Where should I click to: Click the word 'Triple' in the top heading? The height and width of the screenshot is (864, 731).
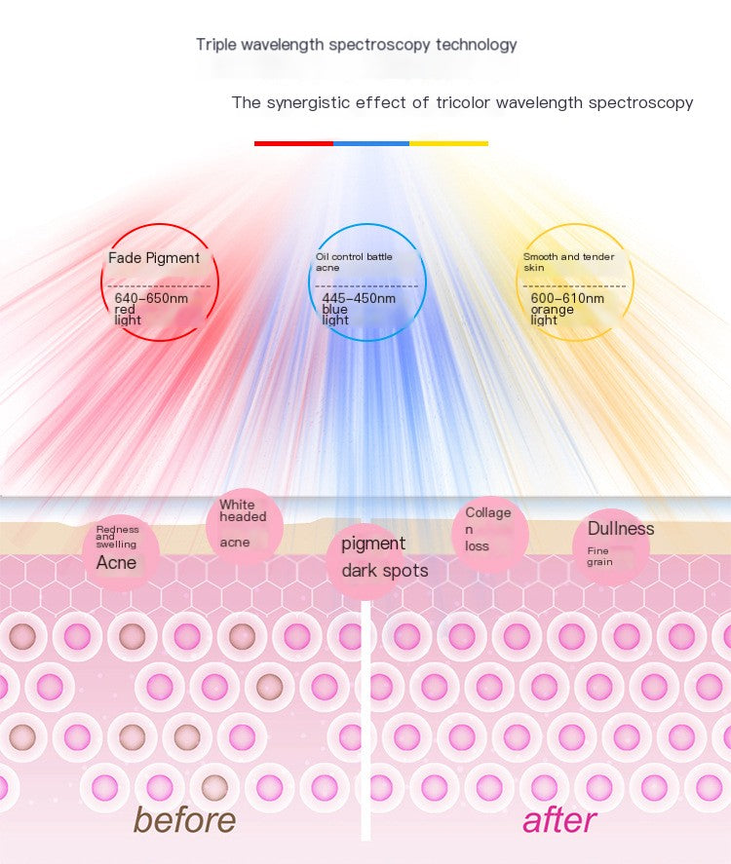(x=214, y=45)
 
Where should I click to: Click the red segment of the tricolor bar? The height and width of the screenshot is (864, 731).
(x=293, y=143)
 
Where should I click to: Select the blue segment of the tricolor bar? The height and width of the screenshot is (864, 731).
(x=371, y=143)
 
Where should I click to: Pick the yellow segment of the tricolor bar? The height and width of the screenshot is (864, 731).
(x=448, y=143)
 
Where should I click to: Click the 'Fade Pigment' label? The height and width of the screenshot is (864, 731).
(x=154, y=258)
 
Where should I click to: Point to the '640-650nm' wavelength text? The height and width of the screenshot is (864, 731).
(x=151, y=298)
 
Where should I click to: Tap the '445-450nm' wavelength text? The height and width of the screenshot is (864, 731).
(x=359, y=298)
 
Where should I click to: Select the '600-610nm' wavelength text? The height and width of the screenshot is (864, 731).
(x=567, y=298)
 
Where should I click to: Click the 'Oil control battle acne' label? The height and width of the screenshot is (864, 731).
(x=353, y=261)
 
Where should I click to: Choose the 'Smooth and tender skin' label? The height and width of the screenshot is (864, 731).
(x=568, y=261)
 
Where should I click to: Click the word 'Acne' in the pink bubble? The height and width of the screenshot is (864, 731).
(x=116, y=562)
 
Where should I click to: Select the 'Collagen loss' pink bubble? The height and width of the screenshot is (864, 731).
(x=488, y=529)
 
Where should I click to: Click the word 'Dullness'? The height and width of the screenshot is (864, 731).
(x=621, y=529)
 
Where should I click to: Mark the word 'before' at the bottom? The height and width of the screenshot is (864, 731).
(x=184, y=819)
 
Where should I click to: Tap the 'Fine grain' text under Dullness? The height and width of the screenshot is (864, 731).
(x=599, y=556)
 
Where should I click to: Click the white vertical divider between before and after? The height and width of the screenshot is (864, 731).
(x=366, y=721)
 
